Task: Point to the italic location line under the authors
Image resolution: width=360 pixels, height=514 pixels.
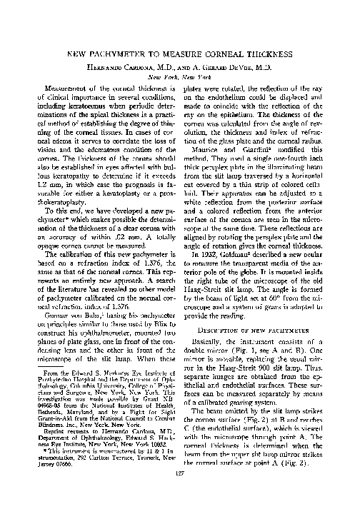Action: click(179, 76)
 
